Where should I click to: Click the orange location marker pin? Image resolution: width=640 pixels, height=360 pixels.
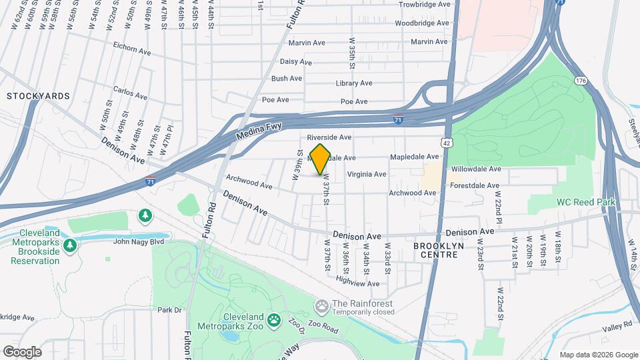click(320, 159)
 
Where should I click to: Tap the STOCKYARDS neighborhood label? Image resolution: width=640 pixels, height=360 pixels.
click(38, 96)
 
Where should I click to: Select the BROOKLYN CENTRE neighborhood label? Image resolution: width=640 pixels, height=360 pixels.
click(438, 251)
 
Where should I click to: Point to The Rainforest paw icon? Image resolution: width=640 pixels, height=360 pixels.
click(322, 305)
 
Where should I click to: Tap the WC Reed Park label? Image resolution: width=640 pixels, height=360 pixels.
click(587, 202)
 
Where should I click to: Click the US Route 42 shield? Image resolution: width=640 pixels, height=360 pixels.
click(445, 142)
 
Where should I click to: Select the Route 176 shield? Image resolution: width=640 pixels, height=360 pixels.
click(581, 81)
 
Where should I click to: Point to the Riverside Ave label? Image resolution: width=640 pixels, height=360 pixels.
click(329, 137)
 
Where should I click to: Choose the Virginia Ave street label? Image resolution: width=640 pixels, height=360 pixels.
click(366, 175)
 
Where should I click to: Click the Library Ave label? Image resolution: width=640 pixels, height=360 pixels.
click(354, 83)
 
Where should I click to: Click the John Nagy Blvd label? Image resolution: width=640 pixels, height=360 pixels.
click(139, 242)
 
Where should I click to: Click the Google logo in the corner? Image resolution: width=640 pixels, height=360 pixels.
click(21, 351)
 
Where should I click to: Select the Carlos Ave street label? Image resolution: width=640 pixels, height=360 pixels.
click(129, 92)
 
